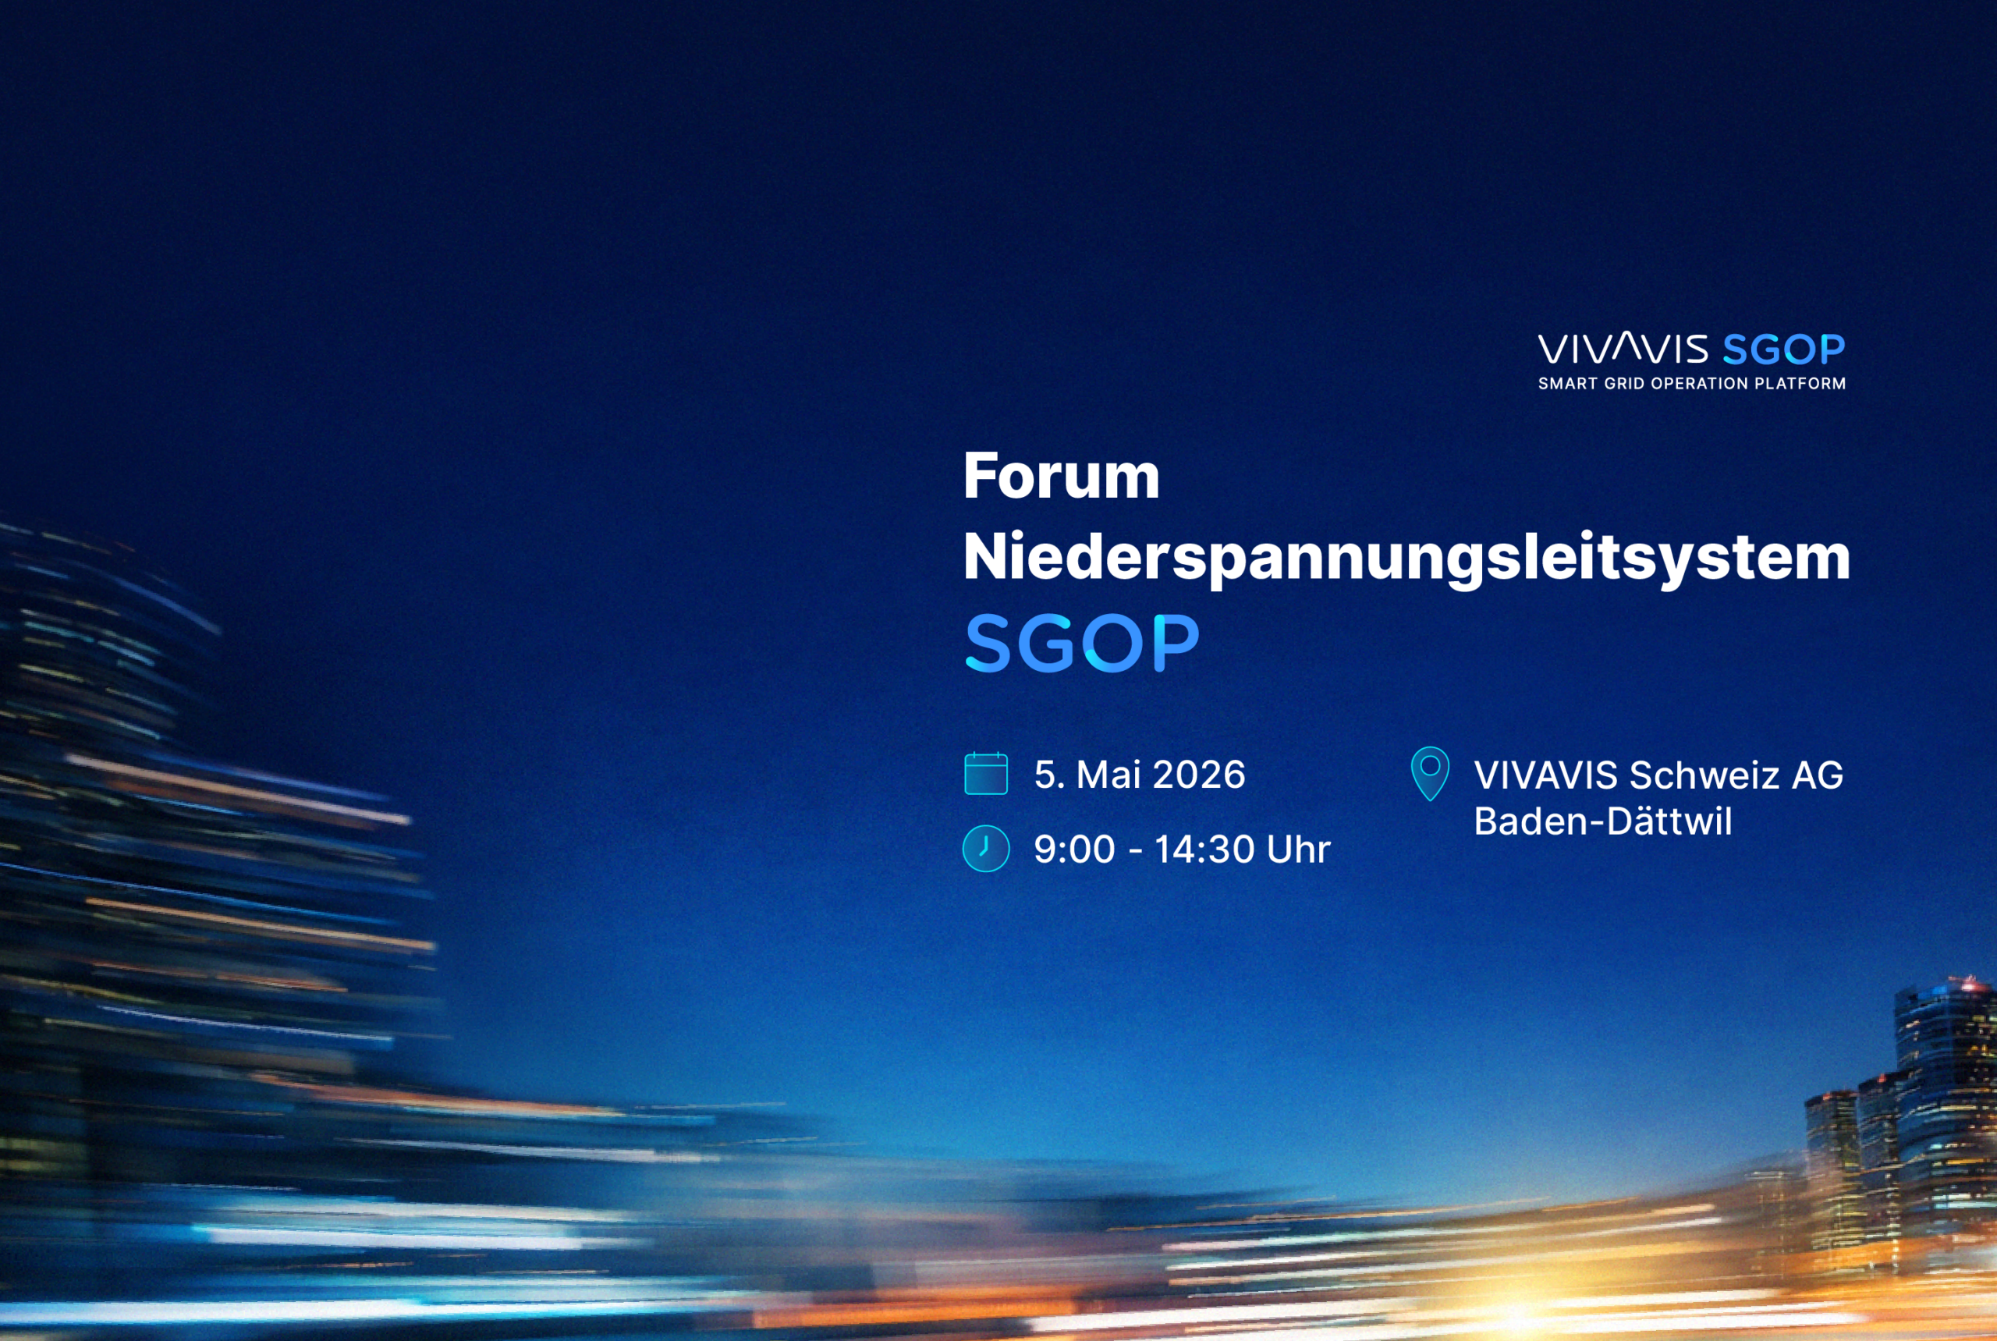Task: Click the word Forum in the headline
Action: click(x=1062, y=476)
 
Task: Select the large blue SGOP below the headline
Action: click(x=1082, y=642)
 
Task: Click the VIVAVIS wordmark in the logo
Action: click(x=1623, y=349)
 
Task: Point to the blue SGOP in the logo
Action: click(x=1783, y=349)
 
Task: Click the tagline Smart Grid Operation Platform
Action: click(x=1692, y=384)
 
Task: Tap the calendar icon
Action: click(x=986, y=773)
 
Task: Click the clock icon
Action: click(x=986, y=849)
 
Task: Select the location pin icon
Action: click(x=1430, y=773)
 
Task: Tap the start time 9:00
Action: click(x=1074, y=850)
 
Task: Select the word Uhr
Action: click(x=1298, y=850)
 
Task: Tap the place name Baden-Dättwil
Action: click(x=1603, y=821)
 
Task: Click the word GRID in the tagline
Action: click(x=1624, y=384)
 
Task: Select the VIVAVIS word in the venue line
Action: click(x=1545, y=775)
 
